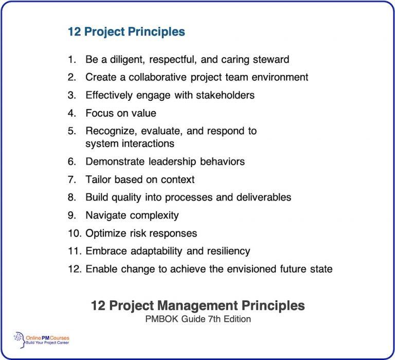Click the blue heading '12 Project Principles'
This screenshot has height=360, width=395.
click(126, 32)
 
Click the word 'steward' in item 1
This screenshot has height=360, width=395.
click(271, 59)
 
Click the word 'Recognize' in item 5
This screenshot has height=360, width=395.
click(107, 131)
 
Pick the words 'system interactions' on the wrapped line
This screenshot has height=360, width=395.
click(130, 143)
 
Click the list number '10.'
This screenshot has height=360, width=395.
click(75, 233)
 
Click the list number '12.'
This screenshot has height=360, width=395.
click(75, 269)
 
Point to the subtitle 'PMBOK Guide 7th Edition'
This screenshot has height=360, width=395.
click(197, 319)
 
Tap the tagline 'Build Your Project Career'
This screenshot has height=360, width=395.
click(48, 343)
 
